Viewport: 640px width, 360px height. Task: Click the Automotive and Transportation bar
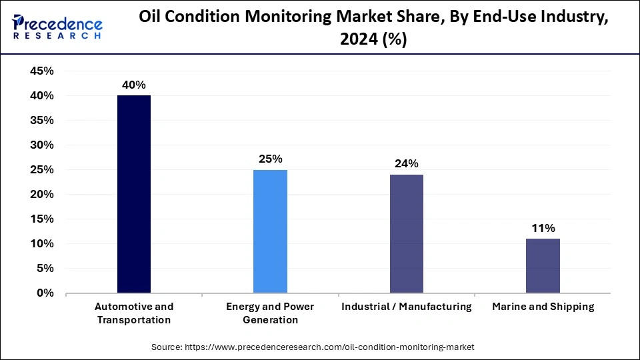click(x=134, y=194)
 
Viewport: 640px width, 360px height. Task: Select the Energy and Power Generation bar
click(x=270, y=231)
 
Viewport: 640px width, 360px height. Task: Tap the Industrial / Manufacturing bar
click(x=406, y=233)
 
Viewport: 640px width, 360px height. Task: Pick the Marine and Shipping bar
click(x=543, y=265)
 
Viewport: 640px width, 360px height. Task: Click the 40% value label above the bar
click(x=133, y=85)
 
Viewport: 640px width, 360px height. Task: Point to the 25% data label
click(x=271, y=159)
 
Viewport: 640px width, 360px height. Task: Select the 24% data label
click(x=407, y=163)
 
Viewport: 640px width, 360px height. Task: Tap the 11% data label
click(x=543, y=228)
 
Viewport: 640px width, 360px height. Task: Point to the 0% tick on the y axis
click(x=46, y=293)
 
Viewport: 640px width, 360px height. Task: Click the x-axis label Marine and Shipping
click(x=543, y=307)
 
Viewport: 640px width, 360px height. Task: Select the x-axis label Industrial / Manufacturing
click(x=406, y=307)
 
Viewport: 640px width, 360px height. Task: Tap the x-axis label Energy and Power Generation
click(x=270, y=313)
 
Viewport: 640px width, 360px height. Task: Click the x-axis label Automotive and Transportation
click(x=134, y=313)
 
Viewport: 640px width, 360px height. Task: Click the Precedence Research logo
click(x=57, y=27)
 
